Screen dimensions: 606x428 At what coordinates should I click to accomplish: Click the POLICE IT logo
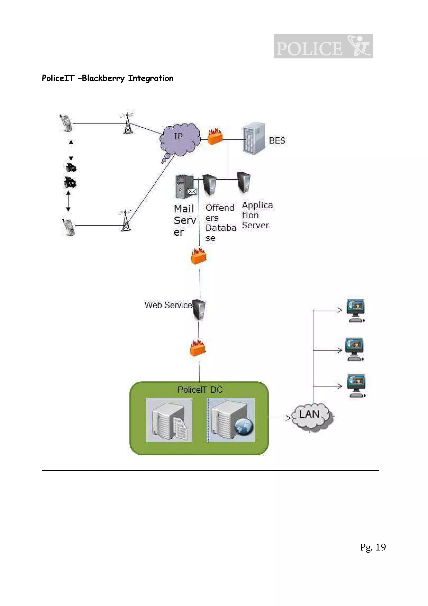click(323, 46)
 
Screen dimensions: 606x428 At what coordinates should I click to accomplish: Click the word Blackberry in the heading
click(103, 78)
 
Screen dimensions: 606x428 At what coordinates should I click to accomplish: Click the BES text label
click(277, 140)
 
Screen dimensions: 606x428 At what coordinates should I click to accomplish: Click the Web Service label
click(168, 305)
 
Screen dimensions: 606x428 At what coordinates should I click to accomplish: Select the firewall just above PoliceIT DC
click(197, 348)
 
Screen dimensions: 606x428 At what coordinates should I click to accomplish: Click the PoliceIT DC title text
click(200, 390)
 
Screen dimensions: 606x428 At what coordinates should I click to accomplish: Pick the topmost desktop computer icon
click(355, 310)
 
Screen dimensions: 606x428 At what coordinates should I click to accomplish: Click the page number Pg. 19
click(373, 547)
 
